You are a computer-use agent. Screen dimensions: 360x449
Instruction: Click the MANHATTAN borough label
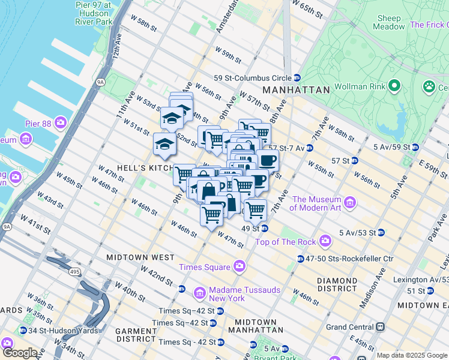click(296, 89)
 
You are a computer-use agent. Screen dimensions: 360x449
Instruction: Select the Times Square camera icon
click(240, 265)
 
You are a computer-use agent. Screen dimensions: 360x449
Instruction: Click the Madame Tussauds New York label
click(244, 294)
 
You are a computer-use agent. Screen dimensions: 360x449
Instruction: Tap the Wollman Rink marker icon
click(394, 88)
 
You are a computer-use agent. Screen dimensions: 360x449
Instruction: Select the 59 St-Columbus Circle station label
click(252, 78)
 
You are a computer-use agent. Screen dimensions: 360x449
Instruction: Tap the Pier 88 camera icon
click(61, 124)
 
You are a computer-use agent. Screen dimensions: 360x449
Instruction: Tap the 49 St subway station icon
click(264, 229)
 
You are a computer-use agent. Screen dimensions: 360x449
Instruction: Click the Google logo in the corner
click(20, 353)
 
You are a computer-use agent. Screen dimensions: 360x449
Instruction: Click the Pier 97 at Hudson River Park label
click(94, 13)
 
